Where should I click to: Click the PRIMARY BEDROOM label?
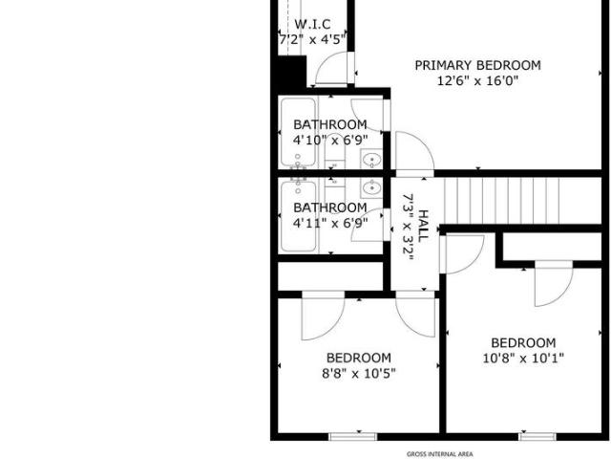(x=477, y=65)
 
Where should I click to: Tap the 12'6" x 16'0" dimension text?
(x=477, y=81)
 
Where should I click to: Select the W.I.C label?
(x=312, y=24)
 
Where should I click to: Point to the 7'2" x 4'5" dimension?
(x=312, y=39)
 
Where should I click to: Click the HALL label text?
(x=423, y=226)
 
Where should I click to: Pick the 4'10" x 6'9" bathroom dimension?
(x=330, y=140)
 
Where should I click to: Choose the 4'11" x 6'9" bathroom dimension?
(x=330, y=223)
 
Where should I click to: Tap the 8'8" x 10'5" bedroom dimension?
(x=359, y=374)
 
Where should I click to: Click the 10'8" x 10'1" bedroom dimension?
(x=523, y=359)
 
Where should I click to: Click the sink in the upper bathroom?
(x=371, y=160)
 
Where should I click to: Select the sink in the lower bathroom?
(x=371, y=189)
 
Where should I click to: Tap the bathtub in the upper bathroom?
(x=299, y=132)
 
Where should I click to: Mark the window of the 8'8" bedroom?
(x=352, y=437)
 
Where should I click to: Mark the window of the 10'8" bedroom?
(x=537, y=437)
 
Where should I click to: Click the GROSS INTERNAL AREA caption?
(x=440, y=454)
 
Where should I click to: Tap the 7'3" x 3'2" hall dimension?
(x=408, y=228)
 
